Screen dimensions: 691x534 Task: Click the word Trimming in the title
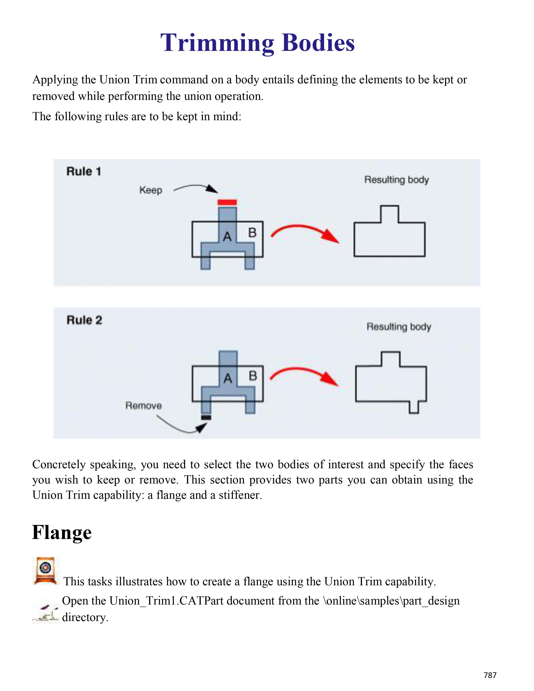click(217, 43)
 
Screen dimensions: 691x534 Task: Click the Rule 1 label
click(84, 171)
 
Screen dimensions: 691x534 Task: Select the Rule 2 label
click(84, 320)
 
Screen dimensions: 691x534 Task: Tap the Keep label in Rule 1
click(151, 190)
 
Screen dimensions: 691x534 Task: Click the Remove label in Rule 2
click(144, 405)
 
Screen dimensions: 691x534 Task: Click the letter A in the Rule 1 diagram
click(227, 237)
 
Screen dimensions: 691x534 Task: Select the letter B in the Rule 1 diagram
click(252, 233)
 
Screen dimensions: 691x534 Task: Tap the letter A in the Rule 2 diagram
click(228, 378)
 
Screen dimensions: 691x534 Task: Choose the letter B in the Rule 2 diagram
click(253, 376)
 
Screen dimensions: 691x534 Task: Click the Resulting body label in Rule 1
click(396, 180)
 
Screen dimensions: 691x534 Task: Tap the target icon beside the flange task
click(46, 570)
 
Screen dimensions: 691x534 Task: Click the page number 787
click(490, 675)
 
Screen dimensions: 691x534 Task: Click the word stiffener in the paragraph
click(240, 495)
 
